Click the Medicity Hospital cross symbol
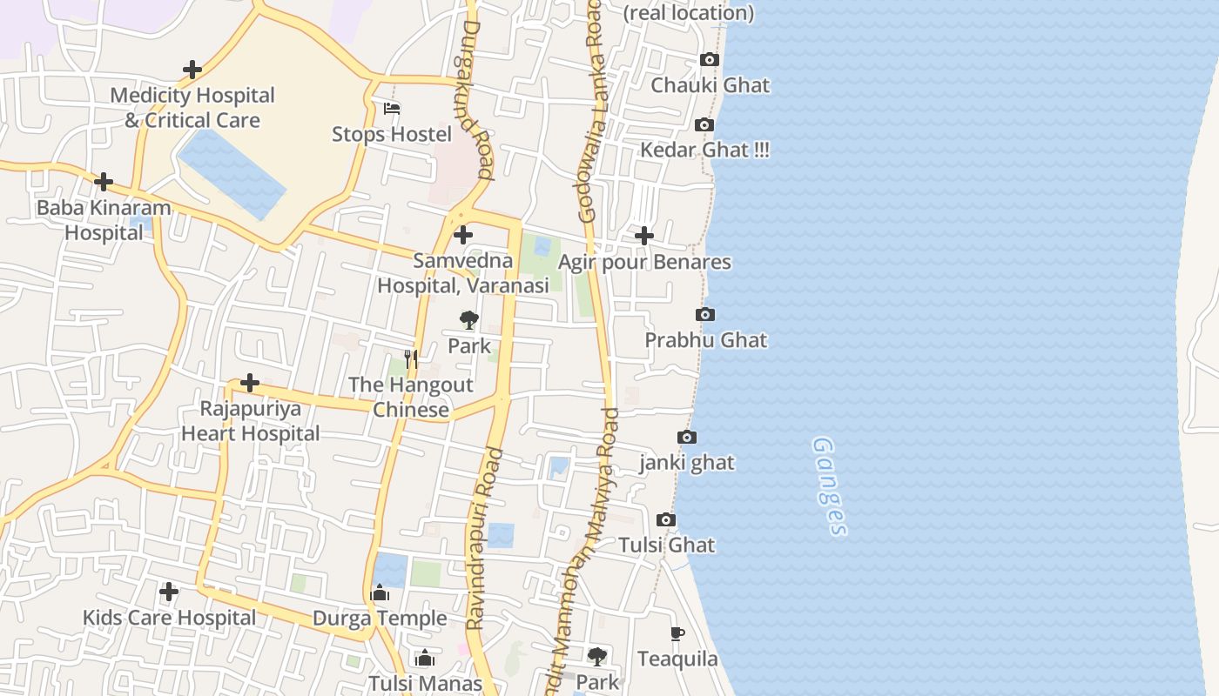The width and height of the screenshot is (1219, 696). (192, 70)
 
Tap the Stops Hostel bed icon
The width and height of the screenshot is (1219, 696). (392, 109)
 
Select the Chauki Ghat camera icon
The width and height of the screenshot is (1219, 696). (710, 60)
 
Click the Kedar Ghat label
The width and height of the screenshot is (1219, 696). (704, 150)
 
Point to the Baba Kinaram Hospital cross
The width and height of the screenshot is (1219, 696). (104, 182)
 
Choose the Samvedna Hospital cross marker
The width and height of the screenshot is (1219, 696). (463, 235)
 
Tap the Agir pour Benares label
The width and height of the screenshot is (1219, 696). (644, 262)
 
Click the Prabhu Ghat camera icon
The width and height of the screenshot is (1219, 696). (705, 314)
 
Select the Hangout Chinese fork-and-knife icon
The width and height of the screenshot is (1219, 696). (411, 358)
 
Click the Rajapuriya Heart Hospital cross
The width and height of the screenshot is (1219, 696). (250, 383)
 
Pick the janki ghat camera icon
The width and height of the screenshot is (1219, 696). (687, 438)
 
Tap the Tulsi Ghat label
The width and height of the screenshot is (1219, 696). (667, 545)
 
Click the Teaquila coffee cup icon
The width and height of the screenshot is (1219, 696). (677, 633)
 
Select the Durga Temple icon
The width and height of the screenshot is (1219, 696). (380, 593)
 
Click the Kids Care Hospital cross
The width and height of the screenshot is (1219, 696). (169, 592)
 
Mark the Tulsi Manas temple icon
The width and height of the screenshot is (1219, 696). (425, 658)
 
